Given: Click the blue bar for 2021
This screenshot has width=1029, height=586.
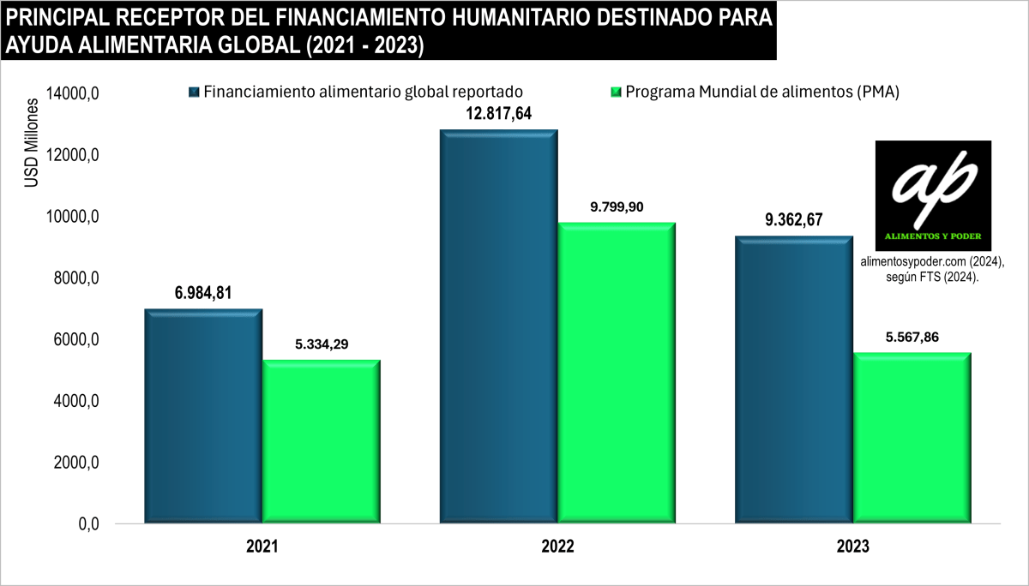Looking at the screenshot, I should pyautogui.click(x=203, y=416).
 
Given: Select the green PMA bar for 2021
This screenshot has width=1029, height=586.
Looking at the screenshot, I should pyautogui.click(x=322, y=441).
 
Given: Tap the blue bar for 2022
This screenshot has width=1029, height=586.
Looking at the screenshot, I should pyautogui.click(x=499, y=326).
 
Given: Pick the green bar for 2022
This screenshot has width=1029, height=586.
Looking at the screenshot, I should pyautogui.click(x=617, y=373).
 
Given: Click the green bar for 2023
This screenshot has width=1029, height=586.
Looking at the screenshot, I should pyautogui.click(x=912, y=437).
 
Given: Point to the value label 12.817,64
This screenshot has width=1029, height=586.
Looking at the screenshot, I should pyautogui.click(x=498, y=114).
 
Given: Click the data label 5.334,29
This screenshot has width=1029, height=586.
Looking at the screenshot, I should pyautogui.click(x=322, y=344).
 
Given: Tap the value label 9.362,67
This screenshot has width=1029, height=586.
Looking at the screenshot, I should pyautogui.click(x=793, y=219).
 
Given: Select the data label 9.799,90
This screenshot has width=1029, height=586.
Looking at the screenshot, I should pyautogui.click(x=617, y=206).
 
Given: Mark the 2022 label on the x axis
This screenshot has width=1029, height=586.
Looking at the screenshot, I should pyautogui.click(x=557, y=547).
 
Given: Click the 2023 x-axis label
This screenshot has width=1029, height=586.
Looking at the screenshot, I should pyautogui.click(x=852, y=547).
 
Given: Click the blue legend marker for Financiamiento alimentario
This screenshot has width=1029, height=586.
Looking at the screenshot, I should pyautogui.click(x=194, y=92).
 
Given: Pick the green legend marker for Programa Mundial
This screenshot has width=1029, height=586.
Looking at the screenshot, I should pyautogui.click(x=615, y=92).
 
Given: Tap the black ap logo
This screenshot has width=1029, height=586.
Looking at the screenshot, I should pyautogui.click(x=933, y=195).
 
